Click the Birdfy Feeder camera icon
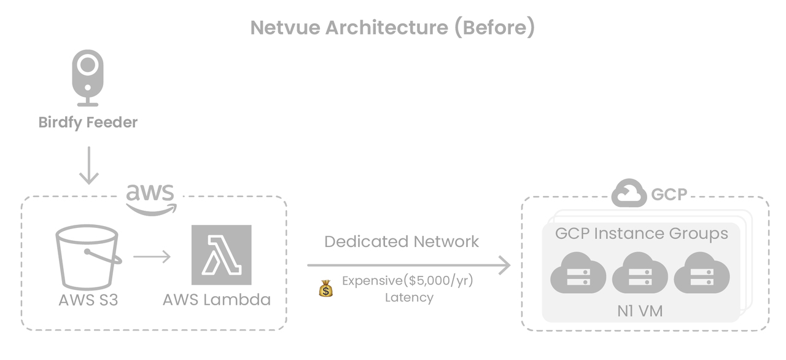click(x=88, y=77)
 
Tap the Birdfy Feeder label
click(x=88, y=122)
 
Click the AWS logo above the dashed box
click(x=151, y=198)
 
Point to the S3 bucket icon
click(x=87, y=257)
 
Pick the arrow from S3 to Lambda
click(x=152, y=255)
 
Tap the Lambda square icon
click(x=221, y=255)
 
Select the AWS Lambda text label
click(x=217, y=300)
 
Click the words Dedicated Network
click(x=402, y=241)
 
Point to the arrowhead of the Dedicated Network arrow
click(x=504, y=265)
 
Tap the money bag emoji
click(x=326, y=288)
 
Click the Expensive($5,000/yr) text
click(x=408, y=281)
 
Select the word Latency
click(x=409, y=298)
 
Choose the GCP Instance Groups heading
click(x=641, y=233)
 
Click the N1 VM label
click(x=640, y=311)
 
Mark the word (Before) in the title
click(x=494, y=28)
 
